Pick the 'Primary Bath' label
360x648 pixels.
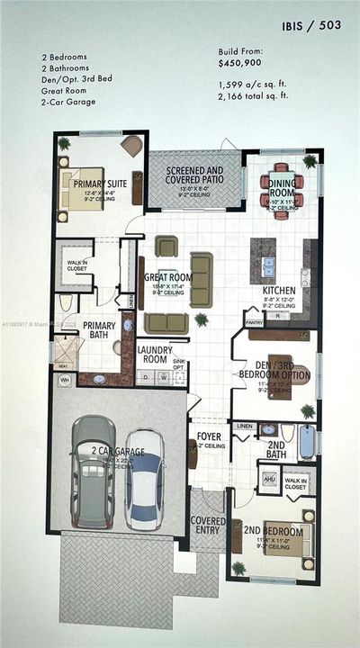pyautogui.click(x=98, y=331)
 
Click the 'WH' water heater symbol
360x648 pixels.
pyautogui.click(x=63, y=381)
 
